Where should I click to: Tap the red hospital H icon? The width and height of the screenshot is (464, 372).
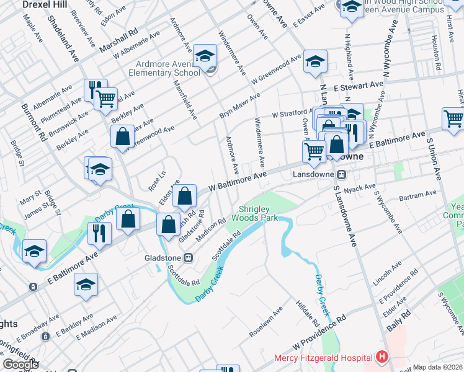point(381,358)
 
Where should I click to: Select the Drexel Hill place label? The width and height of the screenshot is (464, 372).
point(45,4)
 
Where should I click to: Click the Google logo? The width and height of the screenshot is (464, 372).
point(20,365)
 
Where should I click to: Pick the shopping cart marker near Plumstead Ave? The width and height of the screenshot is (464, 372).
point(106,97)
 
